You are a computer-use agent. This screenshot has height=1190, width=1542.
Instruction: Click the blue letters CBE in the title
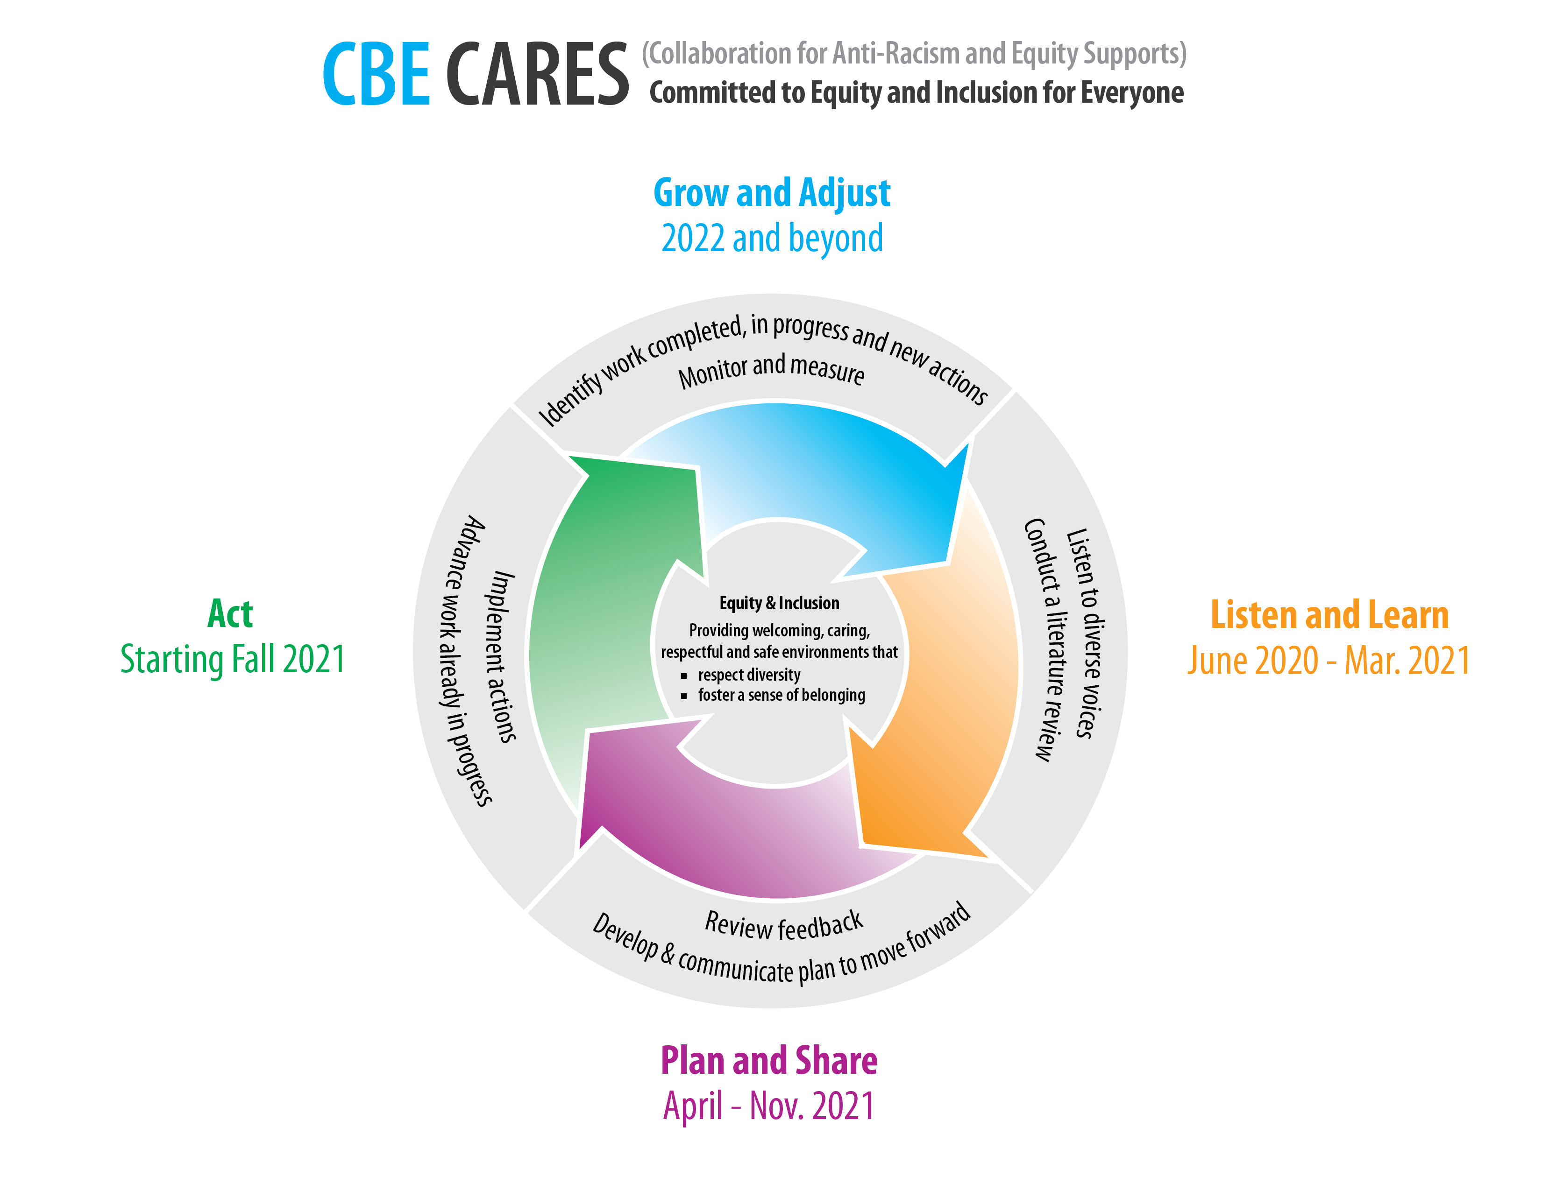click(x=376, y=73)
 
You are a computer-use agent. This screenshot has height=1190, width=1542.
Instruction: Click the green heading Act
click(x=230, y=613)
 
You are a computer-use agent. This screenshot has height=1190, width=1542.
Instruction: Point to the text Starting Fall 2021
click(x=232, y=659)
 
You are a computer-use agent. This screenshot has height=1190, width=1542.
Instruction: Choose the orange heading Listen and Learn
click(x=1329, y=615)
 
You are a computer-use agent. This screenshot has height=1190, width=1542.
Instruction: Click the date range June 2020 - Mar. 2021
click(x=1328, y=661)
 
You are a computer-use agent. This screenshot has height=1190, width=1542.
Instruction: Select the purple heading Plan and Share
click(x=769, y=1060)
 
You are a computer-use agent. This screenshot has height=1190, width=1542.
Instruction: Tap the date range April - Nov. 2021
click(x=769, y=1106)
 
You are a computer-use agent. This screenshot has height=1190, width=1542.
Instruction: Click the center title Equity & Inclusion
click(x=779, y=603)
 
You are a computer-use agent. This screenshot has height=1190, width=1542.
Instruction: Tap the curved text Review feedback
click(x=784, y=925)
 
